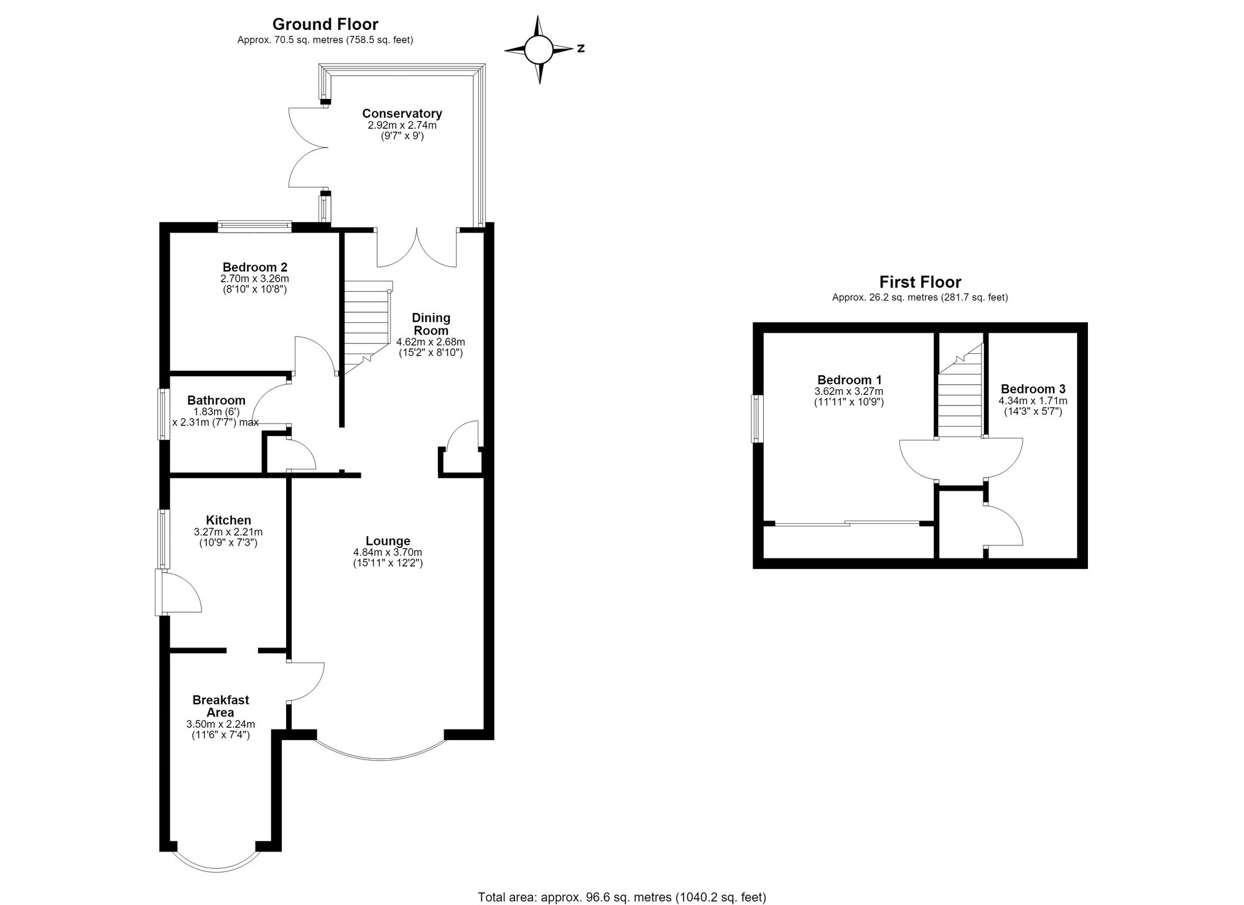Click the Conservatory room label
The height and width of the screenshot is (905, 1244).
pyautogui.click(x=402, y=113)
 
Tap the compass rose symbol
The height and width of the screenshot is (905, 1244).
pyautogui.click(x=538, y=50)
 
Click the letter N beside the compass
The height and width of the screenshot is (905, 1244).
pyautogui.click(x=580, y=48)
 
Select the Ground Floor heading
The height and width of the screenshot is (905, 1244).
pyautogui.click(x=325, y=24)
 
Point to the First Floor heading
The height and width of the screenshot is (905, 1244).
pyautogui.click(x=920, y=282)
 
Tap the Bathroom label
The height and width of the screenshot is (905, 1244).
pyautogui.click(x=216, y=400)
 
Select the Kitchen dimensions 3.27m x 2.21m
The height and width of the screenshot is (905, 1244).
pyautogui.click(x=228, y=532)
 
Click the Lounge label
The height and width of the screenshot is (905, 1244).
pyautogui.click(x=388, y=541)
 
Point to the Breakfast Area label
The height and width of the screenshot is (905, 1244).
pyautogui.click(x=220, y=706)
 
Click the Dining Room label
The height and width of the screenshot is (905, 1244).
pyautogui.click(x=431, y=324)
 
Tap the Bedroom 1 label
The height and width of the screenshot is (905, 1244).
pyautogui.click(x=849, y=379)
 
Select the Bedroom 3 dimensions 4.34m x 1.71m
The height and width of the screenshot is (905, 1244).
pyautogui.click(x=1033, y=401)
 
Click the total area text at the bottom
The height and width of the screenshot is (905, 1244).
pyautogui.click(x=622, y=897)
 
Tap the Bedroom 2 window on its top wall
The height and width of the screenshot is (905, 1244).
pyautogui.click(x=254, y=226)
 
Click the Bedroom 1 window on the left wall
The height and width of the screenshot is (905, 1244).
pyautogui.click(x=756, y=419)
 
